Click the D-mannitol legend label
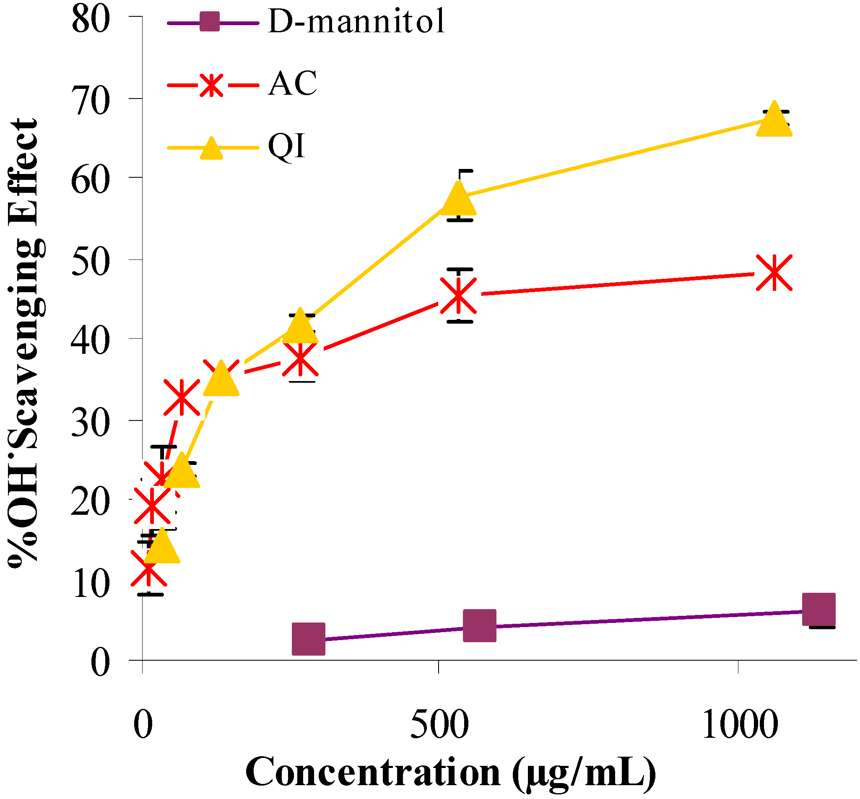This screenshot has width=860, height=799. tap(356, 22)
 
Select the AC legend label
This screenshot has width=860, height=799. tap(292, 83)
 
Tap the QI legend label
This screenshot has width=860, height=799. tap(287, 146)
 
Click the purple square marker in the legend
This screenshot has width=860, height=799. tap(210, 22)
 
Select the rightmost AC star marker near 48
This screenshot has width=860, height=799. tap(774, 272)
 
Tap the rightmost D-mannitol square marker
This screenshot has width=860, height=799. tap(818, 610)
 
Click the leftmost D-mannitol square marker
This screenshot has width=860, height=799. tap(308, 638)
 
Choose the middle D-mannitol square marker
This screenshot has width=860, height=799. tap(479, 625)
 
